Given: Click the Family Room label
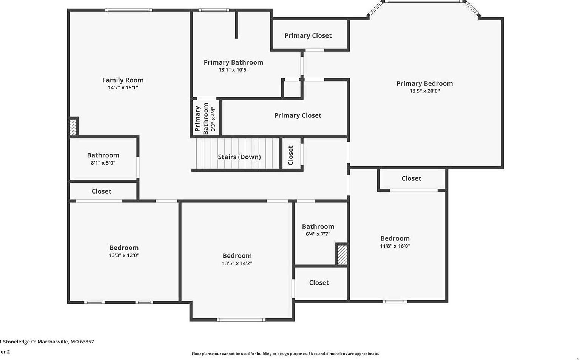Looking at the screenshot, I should click(123, 80).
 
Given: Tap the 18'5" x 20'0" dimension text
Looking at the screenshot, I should click(424, 91).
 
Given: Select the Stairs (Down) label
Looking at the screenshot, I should click(239, 157).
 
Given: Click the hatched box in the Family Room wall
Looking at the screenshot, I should click(73, 127).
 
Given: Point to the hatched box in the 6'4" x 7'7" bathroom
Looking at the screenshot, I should click(342, 255).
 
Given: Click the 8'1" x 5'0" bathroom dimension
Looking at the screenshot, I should click(103, 163).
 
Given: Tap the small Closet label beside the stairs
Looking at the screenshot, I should click(290, 155).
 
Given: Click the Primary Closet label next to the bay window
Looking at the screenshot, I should click(308, 35).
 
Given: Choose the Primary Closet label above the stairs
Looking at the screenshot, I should click(298, 115).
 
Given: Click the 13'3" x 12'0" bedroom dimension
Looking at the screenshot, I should click(124, 255).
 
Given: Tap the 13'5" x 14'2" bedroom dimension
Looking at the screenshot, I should click(237, 263).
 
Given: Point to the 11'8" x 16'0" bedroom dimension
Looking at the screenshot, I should click(395, 246).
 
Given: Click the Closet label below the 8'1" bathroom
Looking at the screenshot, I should click(101, 191).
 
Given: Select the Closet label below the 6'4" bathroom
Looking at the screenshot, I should click(319, 283).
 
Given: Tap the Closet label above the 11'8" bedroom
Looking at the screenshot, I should click(411, 178).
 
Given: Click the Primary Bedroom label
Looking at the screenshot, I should click(424, 83).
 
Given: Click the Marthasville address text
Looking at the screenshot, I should click(47, 342).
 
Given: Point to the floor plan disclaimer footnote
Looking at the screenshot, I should click(285, 354).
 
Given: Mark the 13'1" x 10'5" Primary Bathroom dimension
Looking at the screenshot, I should click(233, 70).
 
